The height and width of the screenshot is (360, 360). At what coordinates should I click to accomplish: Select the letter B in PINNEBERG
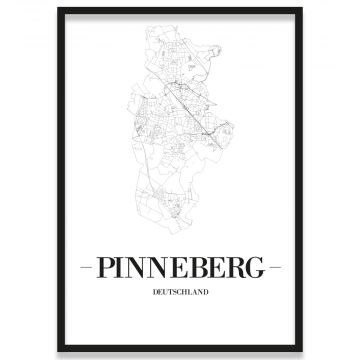196,269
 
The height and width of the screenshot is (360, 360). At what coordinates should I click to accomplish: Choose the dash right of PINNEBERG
276,269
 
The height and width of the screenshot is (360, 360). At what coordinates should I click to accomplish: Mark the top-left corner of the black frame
59,9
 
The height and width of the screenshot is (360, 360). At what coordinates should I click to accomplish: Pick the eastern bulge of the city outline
232,130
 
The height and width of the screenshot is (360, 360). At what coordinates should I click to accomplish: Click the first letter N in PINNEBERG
136,269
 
